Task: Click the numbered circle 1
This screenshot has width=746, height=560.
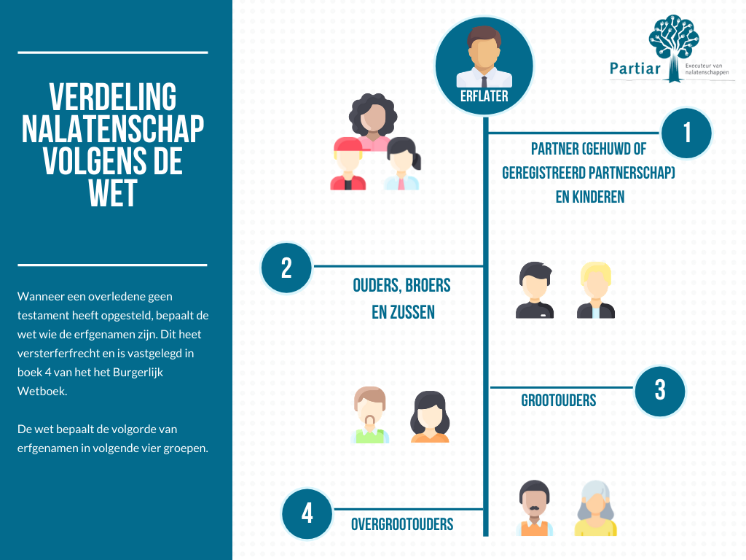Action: coord(686,133)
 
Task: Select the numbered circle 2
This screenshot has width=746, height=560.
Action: coord(286,268)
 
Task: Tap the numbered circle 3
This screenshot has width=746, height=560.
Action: coord(660,390)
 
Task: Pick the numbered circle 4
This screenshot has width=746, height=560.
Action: coord(307,513)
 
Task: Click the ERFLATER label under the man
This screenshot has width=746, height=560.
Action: coord(484,96)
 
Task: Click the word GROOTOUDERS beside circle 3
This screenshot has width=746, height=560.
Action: coord(559,400)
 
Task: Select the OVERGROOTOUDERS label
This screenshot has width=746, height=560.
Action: coord(402,524)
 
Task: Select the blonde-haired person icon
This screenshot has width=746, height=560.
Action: coord(596,290)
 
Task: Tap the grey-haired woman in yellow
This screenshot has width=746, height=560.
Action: coord(595,508)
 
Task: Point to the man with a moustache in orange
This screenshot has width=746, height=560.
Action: coord(534,508)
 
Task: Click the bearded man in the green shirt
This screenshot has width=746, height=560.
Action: coord(370,415)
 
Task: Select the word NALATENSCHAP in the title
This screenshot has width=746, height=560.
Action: coord(113,129)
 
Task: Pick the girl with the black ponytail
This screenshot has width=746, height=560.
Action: coord(401,164)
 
